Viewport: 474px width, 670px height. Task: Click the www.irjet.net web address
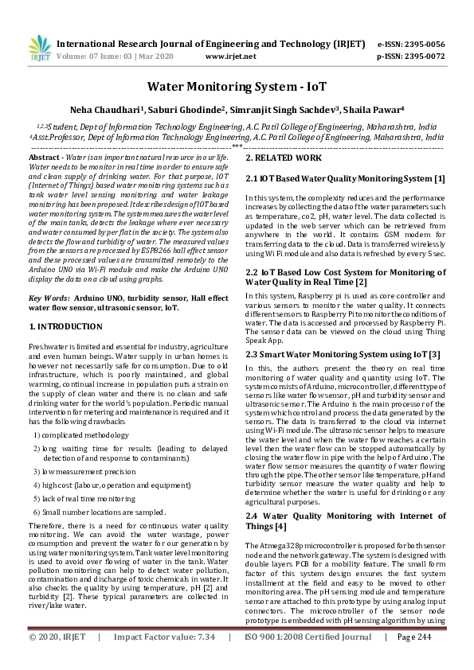pyautogui.click(x=230, y=56)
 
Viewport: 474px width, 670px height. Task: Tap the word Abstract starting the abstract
pyautogui.click(x=45, y=159)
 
